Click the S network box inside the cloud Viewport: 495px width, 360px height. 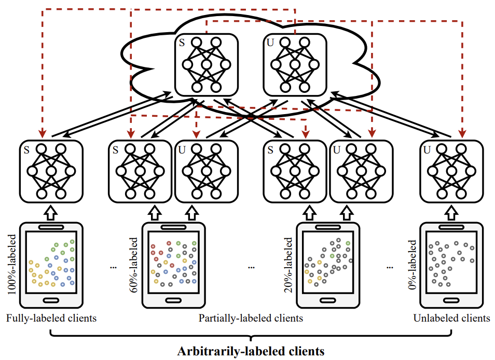(x=207, y=64)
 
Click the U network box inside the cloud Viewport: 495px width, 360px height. (x=295, y=64)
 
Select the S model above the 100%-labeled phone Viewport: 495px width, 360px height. (x=51, y=171)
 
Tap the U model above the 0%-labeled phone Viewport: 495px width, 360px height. (x=451, y=171)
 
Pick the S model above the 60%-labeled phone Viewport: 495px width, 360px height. (x=141, y=171)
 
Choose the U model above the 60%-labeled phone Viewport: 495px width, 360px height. (x=206, y=171)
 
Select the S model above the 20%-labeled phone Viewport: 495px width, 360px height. (x=295, y=171)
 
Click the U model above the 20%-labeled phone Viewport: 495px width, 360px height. (x=361, y=171)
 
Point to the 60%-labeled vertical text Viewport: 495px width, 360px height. (x=134, y=265)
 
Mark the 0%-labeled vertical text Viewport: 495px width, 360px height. (x=412, y=265)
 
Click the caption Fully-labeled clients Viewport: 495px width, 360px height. (x=51, y=318)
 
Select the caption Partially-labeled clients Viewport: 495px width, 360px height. (x=251, y=318)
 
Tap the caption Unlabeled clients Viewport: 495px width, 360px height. (x=451, y=318)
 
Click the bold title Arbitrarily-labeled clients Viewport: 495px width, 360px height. (x=251, y=351)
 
